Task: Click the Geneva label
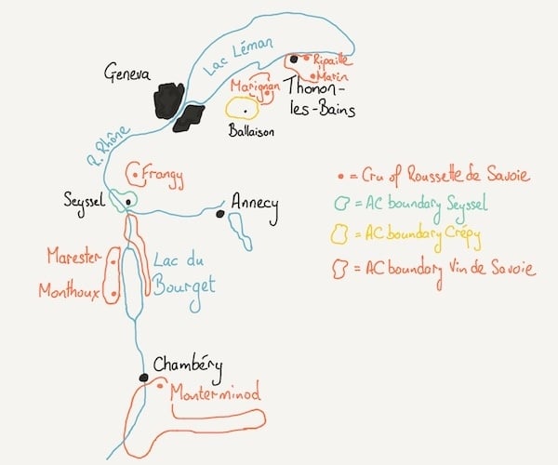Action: pos(127,73)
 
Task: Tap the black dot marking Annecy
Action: pos(220,214)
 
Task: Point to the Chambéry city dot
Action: pos(143,378)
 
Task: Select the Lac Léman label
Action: pos(238,56)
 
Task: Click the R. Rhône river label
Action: pos(108,146)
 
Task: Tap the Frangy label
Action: pos(163,176)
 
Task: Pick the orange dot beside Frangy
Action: pos(135,175)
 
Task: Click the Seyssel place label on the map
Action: pos(85,202)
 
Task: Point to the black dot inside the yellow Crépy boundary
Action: pos(246,112)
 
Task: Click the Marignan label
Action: pos(255,86)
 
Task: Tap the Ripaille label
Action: pos(330,60)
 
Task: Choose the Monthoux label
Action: pos(69,290)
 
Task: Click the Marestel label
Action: pos(74,256)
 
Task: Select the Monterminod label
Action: pos(216,392)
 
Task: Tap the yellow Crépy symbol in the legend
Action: pos(339,233)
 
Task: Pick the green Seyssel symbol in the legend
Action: pos(341,203)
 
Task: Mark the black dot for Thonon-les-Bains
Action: pos(294,60)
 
